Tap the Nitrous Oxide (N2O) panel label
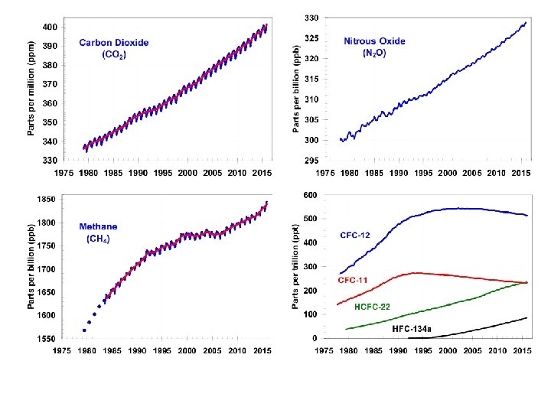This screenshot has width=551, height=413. tap(374, 47)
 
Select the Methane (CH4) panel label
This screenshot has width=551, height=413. tap(99, 233)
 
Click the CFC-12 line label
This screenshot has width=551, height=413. tap(354, 235)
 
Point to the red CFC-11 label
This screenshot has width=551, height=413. tap(353, 281)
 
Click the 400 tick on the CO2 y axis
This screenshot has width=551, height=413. tap(49, 28)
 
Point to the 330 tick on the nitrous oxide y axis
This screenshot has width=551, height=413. tap(311, 18)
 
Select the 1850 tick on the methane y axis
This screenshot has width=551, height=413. tap(46, 200)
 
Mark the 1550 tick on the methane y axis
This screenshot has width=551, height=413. tap(46, 339)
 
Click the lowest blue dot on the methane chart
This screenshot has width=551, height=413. tap(84, 330)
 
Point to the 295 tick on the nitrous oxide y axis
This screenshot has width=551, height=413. tap(311, 161)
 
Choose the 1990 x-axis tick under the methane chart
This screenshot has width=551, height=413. tap(139, 351)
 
